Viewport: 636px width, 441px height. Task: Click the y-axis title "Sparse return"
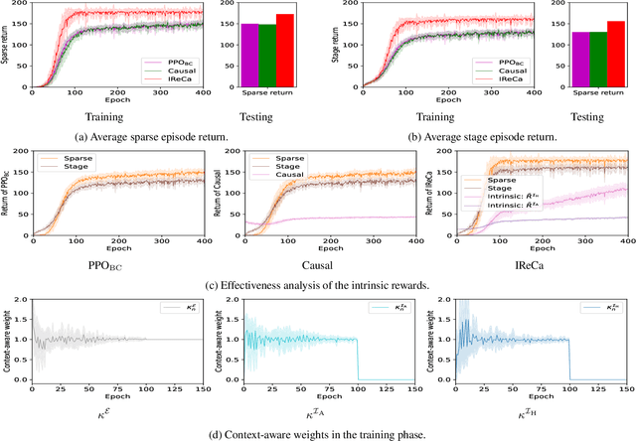tap(8, 45)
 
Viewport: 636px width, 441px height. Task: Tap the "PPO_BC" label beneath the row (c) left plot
tap(108, 267)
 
